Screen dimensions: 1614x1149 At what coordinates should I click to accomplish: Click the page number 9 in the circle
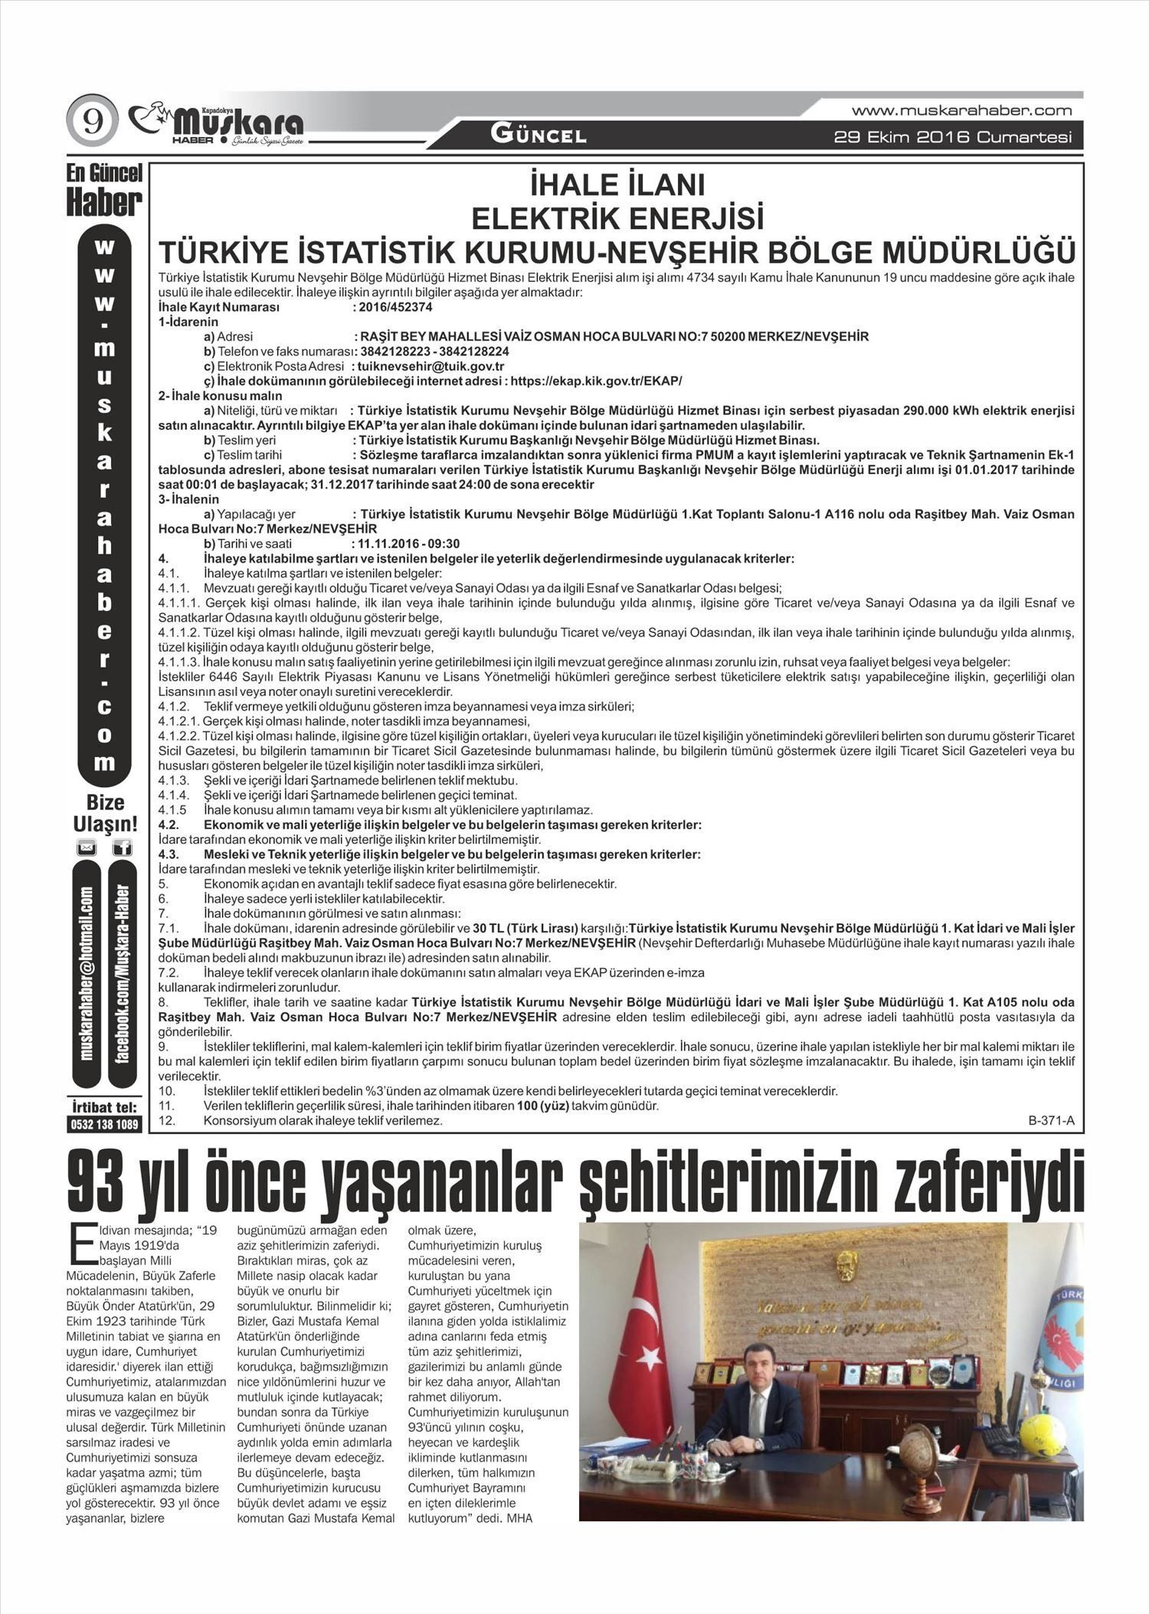[x=92, y=123]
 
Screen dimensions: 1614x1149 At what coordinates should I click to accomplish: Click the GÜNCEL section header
[x=538, y=136]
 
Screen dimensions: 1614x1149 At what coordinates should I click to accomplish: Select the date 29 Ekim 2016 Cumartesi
[x=952, y=138]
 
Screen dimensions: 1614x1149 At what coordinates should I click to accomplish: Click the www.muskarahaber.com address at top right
[x=961, y=110]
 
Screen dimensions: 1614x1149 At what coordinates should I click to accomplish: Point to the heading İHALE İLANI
[x=617, y=186]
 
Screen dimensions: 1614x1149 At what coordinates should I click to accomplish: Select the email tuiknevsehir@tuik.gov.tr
[x=430, y=366]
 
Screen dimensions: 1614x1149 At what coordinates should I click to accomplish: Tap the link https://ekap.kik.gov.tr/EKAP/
[x=595, y=381]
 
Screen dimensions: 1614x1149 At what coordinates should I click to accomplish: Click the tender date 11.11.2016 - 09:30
[x=409, y=544]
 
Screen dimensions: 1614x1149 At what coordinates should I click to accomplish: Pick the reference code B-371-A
[x=1051, y=1121]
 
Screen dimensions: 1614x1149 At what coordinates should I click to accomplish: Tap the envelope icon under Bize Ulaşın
[x=87, y=848]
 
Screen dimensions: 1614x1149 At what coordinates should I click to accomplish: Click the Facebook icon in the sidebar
[x=122, y=848]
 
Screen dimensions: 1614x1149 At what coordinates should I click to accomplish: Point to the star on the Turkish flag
[x=650, y=1357]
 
